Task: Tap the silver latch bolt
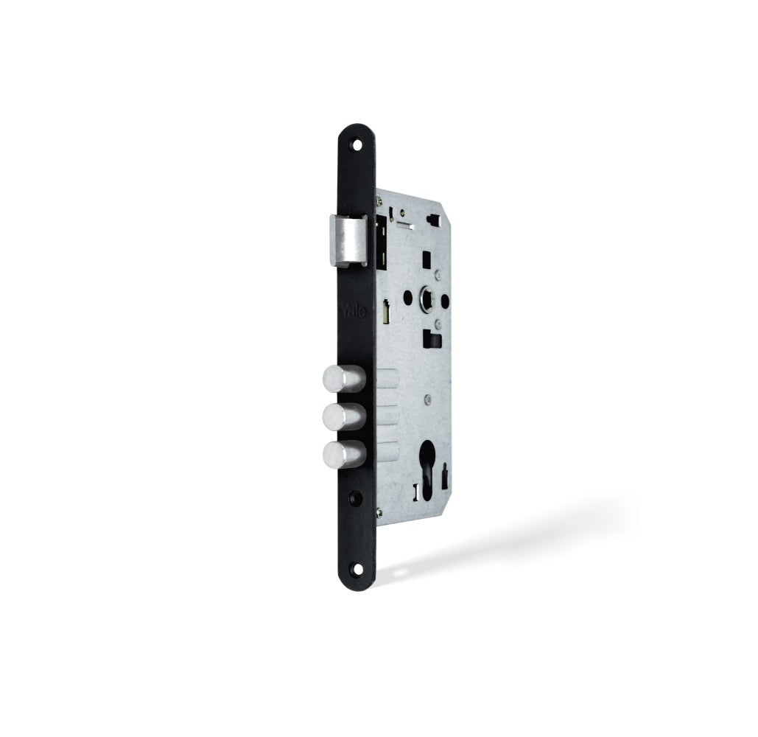click(345, 239)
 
